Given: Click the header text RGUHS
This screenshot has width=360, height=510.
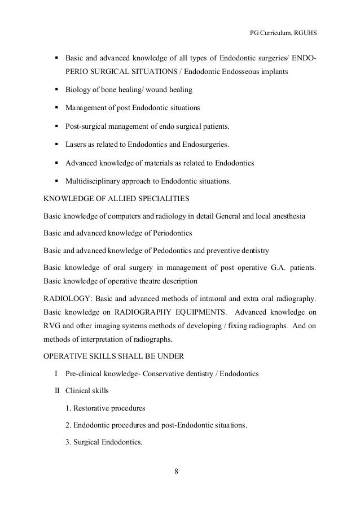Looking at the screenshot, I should [x=304, y=32].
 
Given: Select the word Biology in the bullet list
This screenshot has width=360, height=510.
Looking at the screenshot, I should [x=78, y=90].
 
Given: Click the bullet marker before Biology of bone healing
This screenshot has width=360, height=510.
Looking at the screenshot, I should [x=56, y=90].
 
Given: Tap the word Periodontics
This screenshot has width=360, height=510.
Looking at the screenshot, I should [x=173, y=233].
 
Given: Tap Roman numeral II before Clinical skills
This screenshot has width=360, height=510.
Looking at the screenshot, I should [x=56, y=391].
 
